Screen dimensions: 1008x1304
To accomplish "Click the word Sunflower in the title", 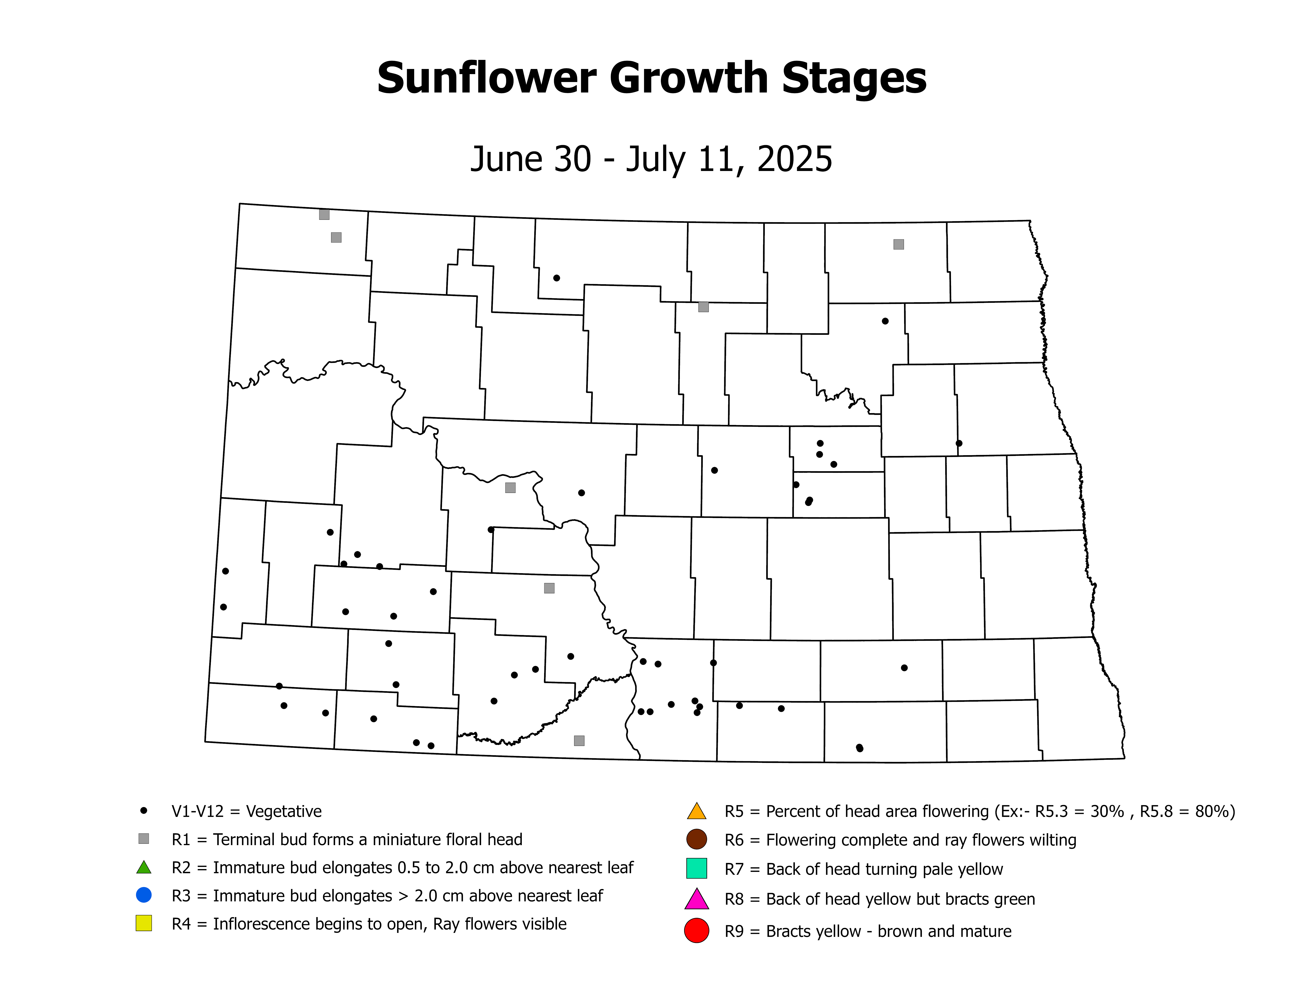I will [487, 78].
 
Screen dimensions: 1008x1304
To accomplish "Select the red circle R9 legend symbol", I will [696, 931].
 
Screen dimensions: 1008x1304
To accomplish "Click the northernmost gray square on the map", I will [324, 214].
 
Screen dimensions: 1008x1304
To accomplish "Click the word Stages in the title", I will [854, 78].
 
